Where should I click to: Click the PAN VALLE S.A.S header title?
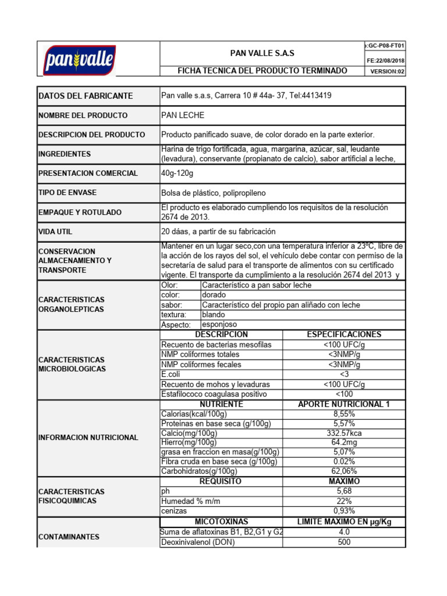(262, 53)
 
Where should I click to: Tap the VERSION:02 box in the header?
(386, 72)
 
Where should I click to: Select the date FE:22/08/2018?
(386, 61)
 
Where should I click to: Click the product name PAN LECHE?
(183, 115)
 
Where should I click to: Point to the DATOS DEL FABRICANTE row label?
(86, 96)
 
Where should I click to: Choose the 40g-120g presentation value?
(178, 173)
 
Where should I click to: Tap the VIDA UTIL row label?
(55, 232)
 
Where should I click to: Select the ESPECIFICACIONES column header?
(344, 335)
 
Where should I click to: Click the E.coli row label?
(172, 374)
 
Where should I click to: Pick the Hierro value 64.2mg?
(344, 443)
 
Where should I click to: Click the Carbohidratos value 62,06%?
(344, 471)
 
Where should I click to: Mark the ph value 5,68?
(344, 491)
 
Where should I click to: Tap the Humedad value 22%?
(344, 501)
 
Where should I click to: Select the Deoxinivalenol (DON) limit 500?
(344, 542)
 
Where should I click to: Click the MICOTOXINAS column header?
(221, 521)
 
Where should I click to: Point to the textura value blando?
(214, 315)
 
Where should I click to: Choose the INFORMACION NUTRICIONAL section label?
(88, 438)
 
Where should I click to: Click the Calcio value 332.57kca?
(344, 433)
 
